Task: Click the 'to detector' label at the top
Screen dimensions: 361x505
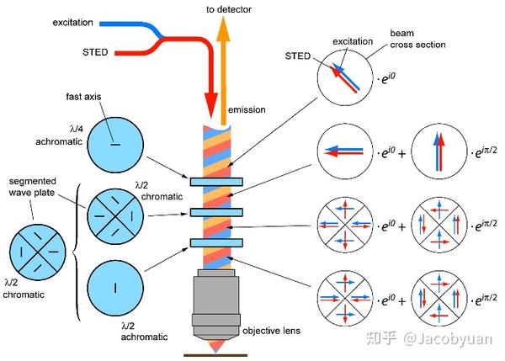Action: point(230,8)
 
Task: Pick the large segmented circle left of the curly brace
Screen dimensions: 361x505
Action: point(34,253)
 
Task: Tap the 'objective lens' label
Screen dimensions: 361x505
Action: point(270,330)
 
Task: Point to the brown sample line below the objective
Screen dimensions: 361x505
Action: point(216,353)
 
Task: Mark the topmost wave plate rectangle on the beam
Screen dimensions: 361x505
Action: point(216,180)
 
